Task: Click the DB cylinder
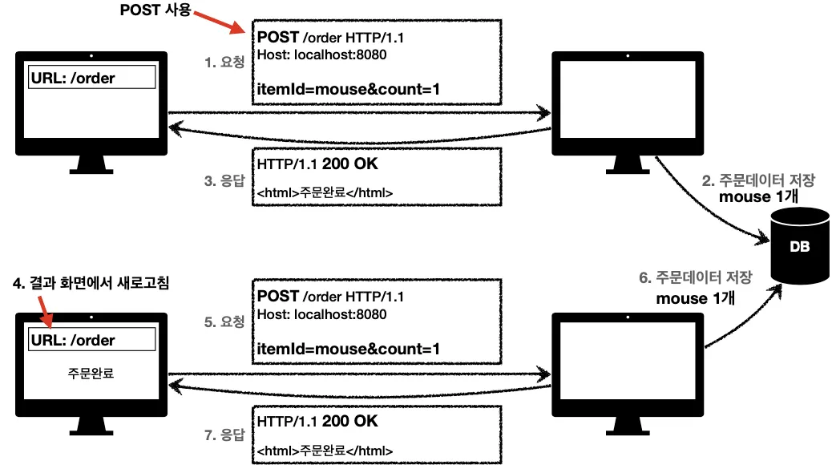click(800, 245)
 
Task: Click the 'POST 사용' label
click(155, 10)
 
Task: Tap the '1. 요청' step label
click(224, 62)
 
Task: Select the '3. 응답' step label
click(224, 180)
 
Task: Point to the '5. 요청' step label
click(224, 321)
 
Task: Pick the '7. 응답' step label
click(224, 435)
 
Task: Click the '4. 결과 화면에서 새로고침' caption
click(91, 282)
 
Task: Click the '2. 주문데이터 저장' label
click(758, 180)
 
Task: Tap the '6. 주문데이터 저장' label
click(696, 277)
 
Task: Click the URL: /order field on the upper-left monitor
click(92, 77)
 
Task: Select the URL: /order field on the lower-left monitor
click(92, 339)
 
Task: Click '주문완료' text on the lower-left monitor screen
click(91, 374)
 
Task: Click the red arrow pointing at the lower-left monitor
click(46, 312)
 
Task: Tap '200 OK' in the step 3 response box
click(349, 164)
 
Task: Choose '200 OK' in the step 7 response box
click(349, 421)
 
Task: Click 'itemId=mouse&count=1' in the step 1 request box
click(348, 89)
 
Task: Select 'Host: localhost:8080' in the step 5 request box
click(321, 314)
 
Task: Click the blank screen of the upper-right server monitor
click(628, 99)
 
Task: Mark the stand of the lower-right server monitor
click(628, 426)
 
